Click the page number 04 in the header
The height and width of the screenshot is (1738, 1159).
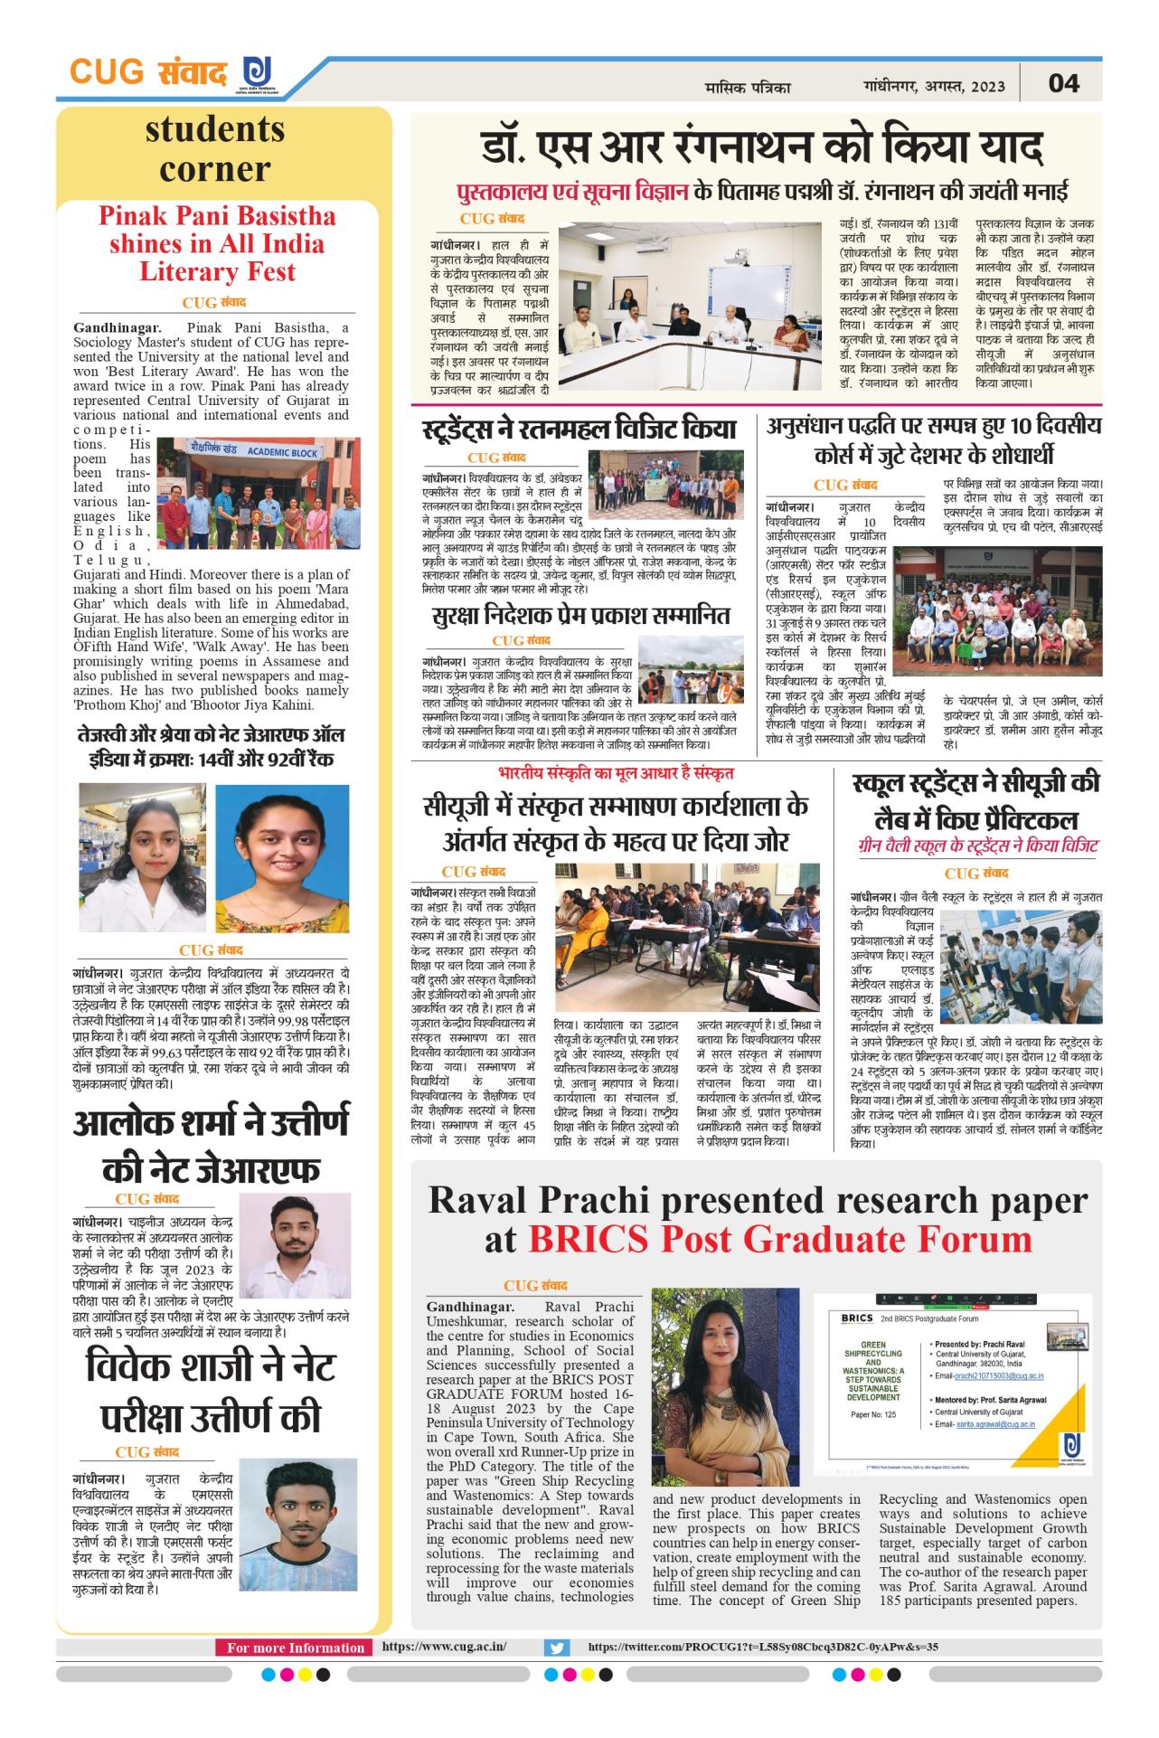1063,83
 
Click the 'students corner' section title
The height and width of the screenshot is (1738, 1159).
215,149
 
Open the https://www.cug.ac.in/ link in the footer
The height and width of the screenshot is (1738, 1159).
444,1647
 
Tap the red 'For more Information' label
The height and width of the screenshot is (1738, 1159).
295,1648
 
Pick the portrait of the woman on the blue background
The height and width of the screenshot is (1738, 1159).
282,858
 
